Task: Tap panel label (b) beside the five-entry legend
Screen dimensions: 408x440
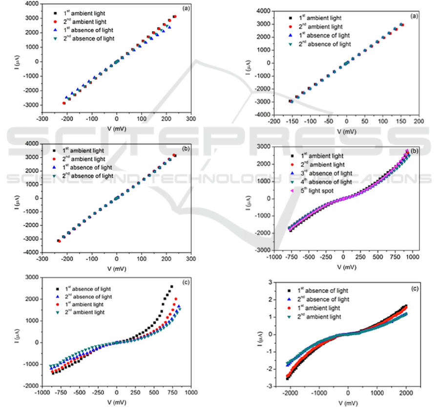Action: pyautogui.click(x=414, y=151)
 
